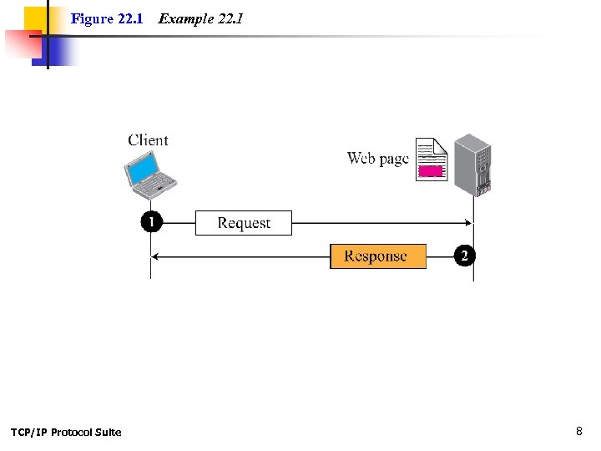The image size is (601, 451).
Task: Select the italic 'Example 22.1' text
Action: [200, 18]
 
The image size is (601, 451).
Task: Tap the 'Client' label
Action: [148, 140]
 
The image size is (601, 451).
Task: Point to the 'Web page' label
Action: [377, 158]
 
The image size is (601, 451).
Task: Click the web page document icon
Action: [432, 160]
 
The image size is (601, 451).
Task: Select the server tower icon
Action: [472, 165]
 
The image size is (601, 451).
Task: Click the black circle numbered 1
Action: [151, 222]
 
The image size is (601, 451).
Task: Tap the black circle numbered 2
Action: [464, 256]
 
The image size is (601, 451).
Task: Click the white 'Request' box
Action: [244, 223]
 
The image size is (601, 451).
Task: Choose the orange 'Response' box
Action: [377, 256]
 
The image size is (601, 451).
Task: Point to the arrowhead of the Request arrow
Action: [469, 223]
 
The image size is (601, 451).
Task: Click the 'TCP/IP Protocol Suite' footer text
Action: [66, 432]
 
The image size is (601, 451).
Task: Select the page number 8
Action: [578, 431]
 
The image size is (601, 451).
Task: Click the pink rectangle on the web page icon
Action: [430, 171]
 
